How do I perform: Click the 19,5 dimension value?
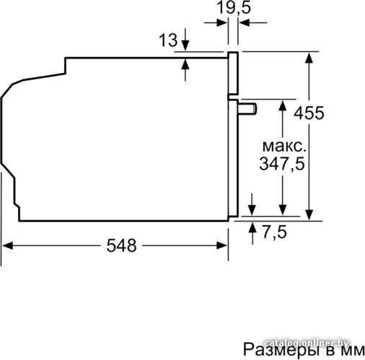coord(234,8)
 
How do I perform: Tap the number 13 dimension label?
coord(168,40)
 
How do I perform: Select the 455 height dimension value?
coord(309,113)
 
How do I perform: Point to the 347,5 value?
coord(282,164)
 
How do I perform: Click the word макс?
coord(284,146)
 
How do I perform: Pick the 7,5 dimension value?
coord(274,232)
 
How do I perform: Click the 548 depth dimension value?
coord(121,245)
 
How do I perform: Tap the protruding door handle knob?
coord(247,108)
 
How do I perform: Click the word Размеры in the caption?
coord(281,350)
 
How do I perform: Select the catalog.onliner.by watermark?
coord(306,343)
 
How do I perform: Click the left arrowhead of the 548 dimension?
coord(7,245)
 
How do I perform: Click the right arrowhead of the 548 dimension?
coord(222,245)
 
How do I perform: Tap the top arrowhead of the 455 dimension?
coord(309,58)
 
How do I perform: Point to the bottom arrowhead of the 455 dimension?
coord(309,215)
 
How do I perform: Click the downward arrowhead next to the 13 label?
coord(185,45)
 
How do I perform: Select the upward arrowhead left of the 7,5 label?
coord(252,227)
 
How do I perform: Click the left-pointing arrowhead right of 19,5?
coord(245,23)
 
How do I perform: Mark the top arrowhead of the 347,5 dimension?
coord(283,105)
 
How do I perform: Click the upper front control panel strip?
coord(233,73)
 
